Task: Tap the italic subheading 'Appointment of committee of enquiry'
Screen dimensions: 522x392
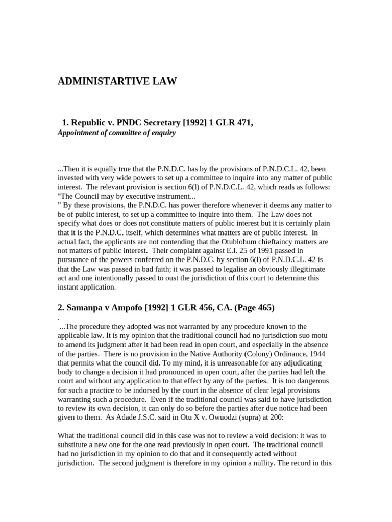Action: [x=116, y=133]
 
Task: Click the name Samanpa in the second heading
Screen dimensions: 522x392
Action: [x=85, y=307]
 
